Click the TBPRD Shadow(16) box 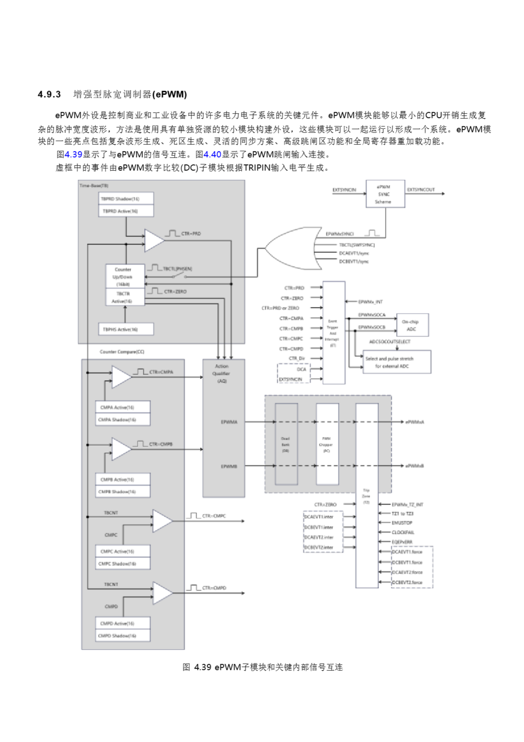point(126,199)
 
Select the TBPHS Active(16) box point(126,329)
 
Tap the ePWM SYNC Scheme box point(385,194)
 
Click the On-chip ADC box point(412,325)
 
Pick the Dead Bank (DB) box point(286,444)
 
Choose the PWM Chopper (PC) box point(327,444)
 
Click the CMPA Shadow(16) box point(123,419)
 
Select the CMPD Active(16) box point(123,623)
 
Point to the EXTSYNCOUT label point(421,190)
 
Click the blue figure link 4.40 point(212,154)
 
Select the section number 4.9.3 point(49,94)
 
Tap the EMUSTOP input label point(402,523)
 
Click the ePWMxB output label point(414,466)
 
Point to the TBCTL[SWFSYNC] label point(356,245)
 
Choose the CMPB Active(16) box point(123,479)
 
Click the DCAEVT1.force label point(407,552)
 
